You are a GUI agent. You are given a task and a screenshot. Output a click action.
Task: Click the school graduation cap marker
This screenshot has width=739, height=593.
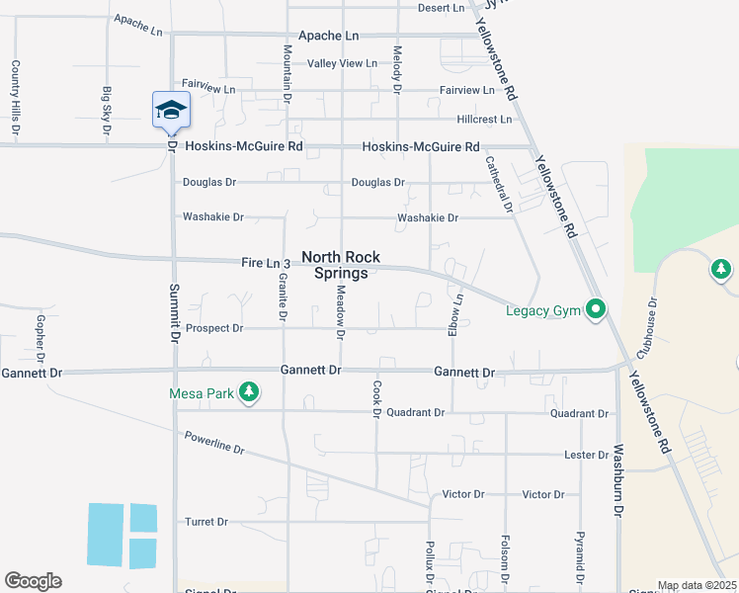point(171,110)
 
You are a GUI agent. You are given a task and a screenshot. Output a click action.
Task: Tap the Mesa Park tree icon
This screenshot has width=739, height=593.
point(250,393)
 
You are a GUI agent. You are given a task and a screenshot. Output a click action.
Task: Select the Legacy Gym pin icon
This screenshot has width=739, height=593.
point(595,310)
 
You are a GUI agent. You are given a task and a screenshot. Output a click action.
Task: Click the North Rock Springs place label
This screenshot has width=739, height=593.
point(341,265)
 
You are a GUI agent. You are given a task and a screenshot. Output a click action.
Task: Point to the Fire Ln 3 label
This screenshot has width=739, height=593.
point(266,264)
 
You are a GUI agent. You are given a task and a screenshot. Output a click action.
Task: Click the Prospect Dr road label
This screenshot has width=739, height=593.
point(213,328)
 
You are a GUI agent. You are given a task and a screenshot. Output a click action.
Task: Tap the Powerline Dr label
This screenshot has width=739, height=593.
point(213,441)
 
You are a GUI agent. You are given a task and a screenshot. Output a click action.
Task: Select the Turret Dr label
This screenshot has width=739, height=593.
point(206,522)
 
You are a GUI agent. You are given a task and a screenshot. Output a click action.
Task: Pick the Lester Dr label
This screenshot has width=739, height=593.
point(587,455)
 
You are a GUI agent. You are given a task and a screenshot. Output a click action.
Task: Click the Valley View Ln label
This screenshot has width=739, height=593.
point(342,63)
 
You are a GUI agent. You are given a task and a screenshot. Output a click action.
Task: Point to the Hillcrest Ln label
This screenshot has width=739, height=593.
point(484,120)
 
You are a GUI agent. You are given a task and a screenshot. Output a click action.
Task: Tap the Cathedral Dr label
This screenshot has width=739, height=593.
point(498,184)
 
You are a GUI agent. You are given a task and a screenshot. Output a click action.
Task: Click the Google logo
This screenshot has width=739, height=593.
point(33,581)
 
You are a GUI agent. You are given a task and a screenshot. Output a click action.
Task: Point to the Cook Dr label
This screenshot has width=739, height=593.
point(376,399)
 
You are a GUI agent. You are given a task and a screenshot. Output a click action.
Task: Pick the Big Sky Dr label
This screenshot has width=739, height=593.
point(107,110)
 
